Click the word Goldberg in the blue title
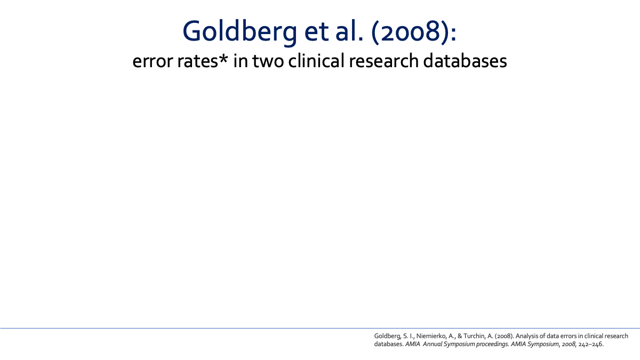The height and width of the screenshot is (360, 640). [239, 31]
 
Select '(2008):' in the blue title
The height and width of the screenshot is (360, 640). [414, 32]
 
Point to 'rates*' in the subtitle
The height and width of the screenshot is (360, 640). [203, 61]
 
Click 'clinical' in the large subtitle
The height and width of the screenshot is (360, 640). [316, 60]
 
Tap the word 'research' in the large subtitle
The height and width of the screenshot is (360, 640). [383, 60]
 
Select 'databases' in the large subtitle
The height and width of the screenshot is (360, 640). [465, 60]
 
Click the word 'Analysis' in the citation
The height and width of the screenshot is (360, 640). [527, 337]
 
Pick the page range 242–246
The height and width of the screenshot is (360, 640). [590, 344]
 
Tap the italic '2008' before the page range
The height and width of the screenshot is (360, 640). [569, 344]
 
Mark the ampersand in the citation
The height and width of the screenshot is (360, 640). [460, 336]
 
